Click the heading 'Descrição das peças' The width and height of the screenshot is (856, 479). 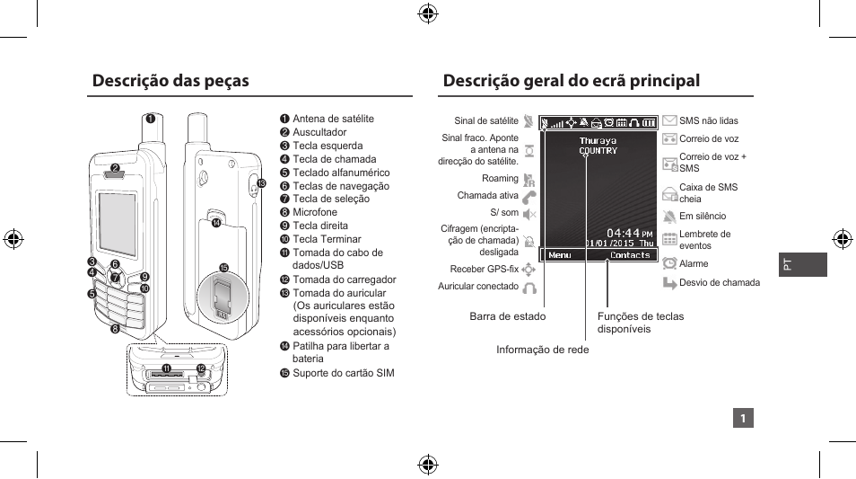coord(170,81)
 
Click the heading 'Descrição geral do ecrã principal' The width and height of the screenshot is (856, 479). coord(571,81)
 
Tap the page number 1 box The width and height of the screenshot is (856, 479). coord(743,418)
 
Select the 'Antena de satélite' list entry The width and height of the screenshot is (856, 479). coord(333,119)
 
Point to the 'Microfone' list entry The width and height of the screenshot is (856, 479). coord(315,213)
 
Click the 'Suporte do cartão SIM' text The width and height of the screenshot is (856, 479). coord(343,373)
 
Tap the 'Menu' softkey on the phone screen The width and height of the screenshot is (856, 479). coord(559,255)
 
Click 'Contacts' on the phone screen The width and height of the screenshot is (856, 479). coord(630,255)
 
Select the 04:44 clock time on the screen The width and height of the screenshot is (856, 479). coord(624,233)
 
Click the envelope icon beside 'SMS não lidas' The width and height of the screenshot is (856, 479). coord(669,120)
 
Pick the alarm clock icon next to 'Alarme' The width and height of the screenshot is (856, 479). coord(669,263)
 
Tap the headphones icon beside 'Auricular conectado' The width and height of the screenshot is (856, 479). coord(529,288)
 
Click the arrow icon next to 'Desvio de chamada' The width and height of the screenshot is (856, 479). coord(669,282)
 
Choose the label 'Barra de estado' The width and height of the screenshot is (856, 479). coord(507,316)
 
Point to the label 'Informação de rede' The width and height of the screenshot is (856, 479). coord(543,350)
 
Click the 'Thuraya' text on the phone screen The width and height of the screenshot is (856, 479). coord(598,141)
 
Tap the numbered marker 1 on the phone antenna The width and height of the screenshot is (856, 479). coord(152,118)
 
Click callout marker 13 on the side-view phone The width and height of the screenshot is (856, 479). coord(262,183)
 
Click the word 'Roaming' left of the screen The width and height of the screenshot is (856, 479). coord(500,179)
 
